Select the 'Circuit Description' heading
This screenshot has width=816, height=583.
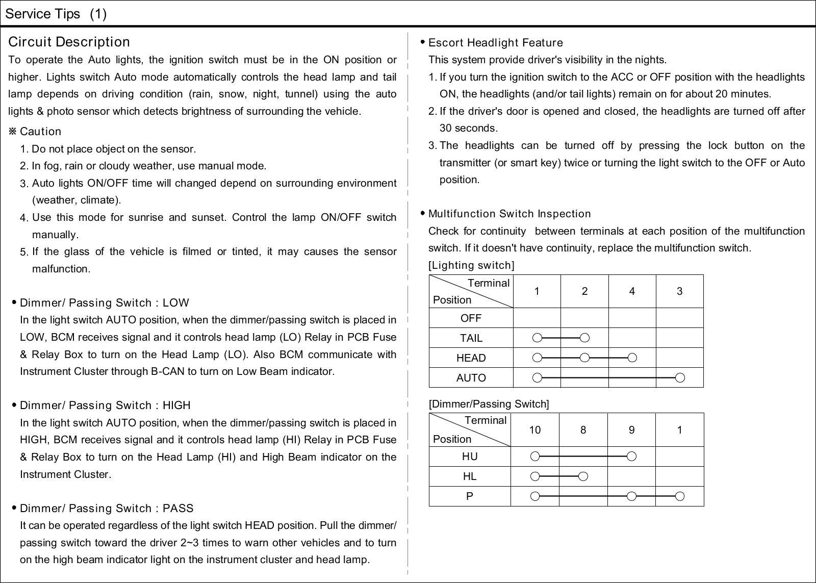tap(69, 42)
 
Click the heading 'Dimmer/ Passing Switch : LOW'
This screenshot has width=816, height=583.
tap(104, 303)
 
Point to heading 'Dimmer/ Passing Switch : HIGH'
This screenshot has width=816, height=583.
tap(105, 405)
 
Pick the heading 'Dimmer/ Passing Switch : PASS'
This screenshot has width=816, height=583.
tap(107, 509)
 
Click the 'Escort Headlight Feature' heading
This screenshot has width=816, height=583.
tap(495, 43)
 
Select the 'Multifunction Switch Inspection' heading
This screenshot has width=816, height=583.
tap(509, 214)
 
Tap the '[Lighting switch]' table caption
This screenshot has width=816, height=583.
tap(472, 265)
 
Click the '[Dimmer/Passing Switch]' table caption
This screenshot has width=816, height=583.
tap(489, 404)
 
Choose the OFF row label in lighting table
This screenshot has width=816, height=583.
tap(471, 318)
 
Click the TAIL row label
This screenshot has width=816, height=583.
tap(471, 338)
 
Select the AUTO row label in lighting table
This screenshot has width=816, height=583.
tap(471, 378)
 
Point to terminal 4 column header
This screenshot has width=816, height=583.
tap(632, 291)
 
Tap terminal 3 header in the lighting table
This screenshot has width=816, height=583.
tap(679, 291)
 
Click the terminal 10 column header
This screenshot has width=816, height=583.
tap(534, 430)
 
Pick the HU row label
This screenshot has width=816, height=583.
tap(470, 457)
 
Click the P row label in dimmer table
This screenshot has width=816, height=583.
tap(470, 496)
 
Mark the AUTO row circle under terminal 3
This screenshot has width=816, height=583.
tap(679, 378)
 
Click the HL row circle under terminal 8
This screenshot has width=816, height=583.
tap(583, 476)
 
